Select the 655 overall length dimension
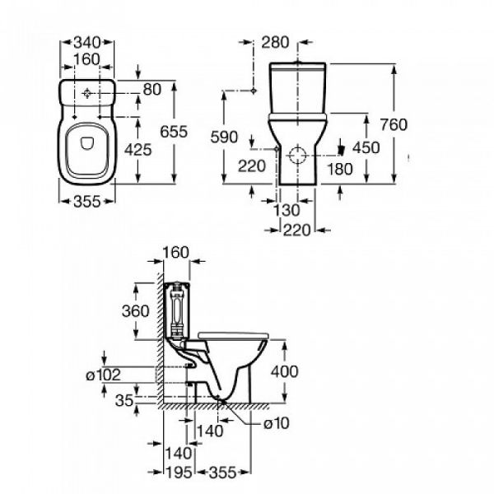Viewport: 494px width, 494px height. coord(197,133)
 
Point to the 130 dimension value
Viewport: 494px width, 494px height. coord(286,211)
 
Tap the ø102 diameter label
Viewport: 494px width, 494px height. coord(104,375)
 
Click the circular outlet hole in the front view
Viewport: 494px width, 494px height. coord(296,154)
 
